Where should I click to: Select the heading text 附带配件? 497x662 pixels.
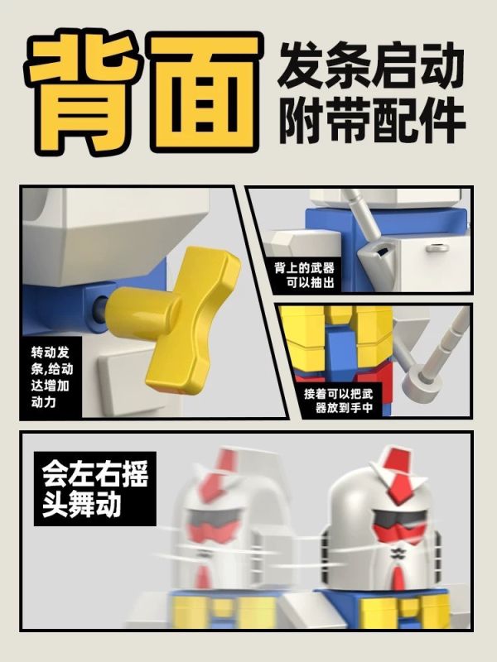(371, 121)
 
